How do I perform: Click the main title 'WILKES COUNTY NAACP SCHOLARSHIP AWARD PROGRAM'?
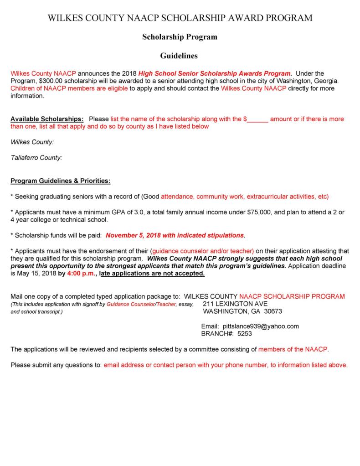click(180, 18)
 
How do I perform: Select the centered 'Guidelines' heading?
click(179, 56)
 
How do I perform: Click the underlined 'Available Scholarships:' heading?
click(47, 119)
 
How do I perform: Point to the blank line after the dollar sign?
click(258, 119)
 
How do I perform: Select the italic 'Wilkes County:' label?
click(32, 142)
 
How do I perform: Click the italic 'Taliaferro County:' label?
click(36, 158)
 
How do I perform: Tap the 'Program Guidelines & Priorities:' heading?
click(60, 181)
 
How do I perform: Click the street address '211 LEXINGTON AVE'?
click(235, 304)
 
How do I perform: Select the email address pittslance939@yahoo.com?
click(261, 326)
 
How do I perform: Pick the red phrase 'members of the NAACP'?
click(293, 350)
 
